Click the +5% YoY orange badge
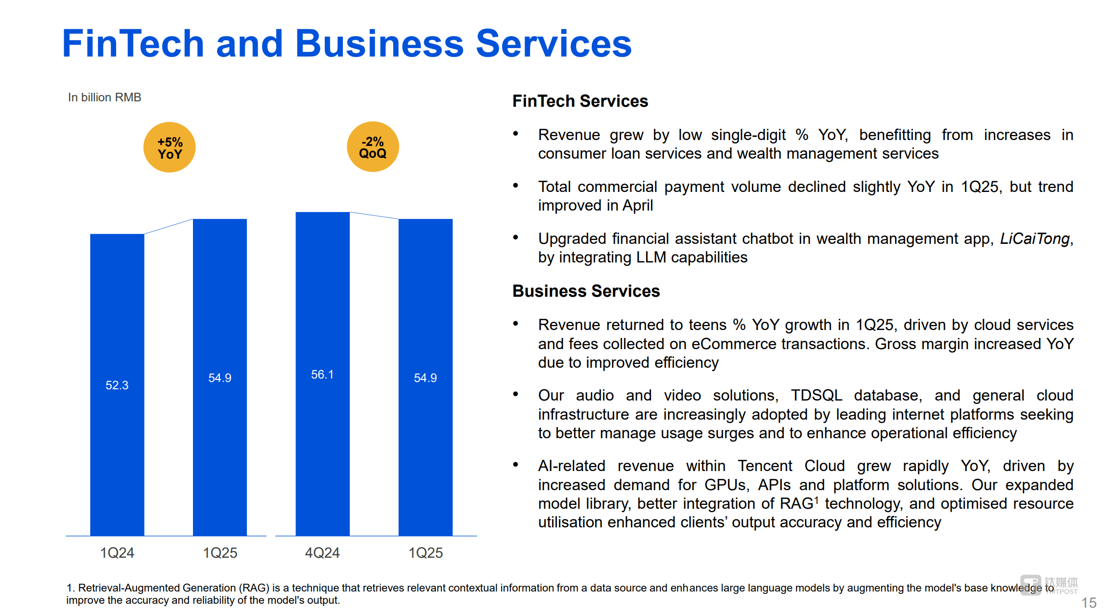click(169, 147)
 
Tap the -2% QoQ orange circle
click(373, 147)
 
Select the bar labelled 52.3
click(117, 385)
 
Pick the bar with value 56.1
click(322, 374)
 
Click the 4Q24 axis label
click(322, 553)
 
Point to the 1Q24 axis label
click(117, 553)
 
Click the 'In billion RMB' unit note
click(104, 97)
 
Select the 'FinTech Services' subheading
click(580, 101)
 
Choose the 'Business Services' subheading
click(586, 291)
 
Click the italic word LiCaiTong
click(1035, 238)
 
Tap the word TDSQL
click(816, 395)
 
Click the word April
click(637, 206)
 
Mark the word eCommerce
click(734, 344)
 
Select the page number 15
click(1088, 603)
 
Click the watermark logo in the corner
click(1049, 585)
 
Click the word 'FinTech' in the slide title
click(133, 44)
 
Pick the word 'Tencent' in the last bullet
click(765, 466)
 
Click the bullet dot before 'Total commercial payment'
click(515, 186)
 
